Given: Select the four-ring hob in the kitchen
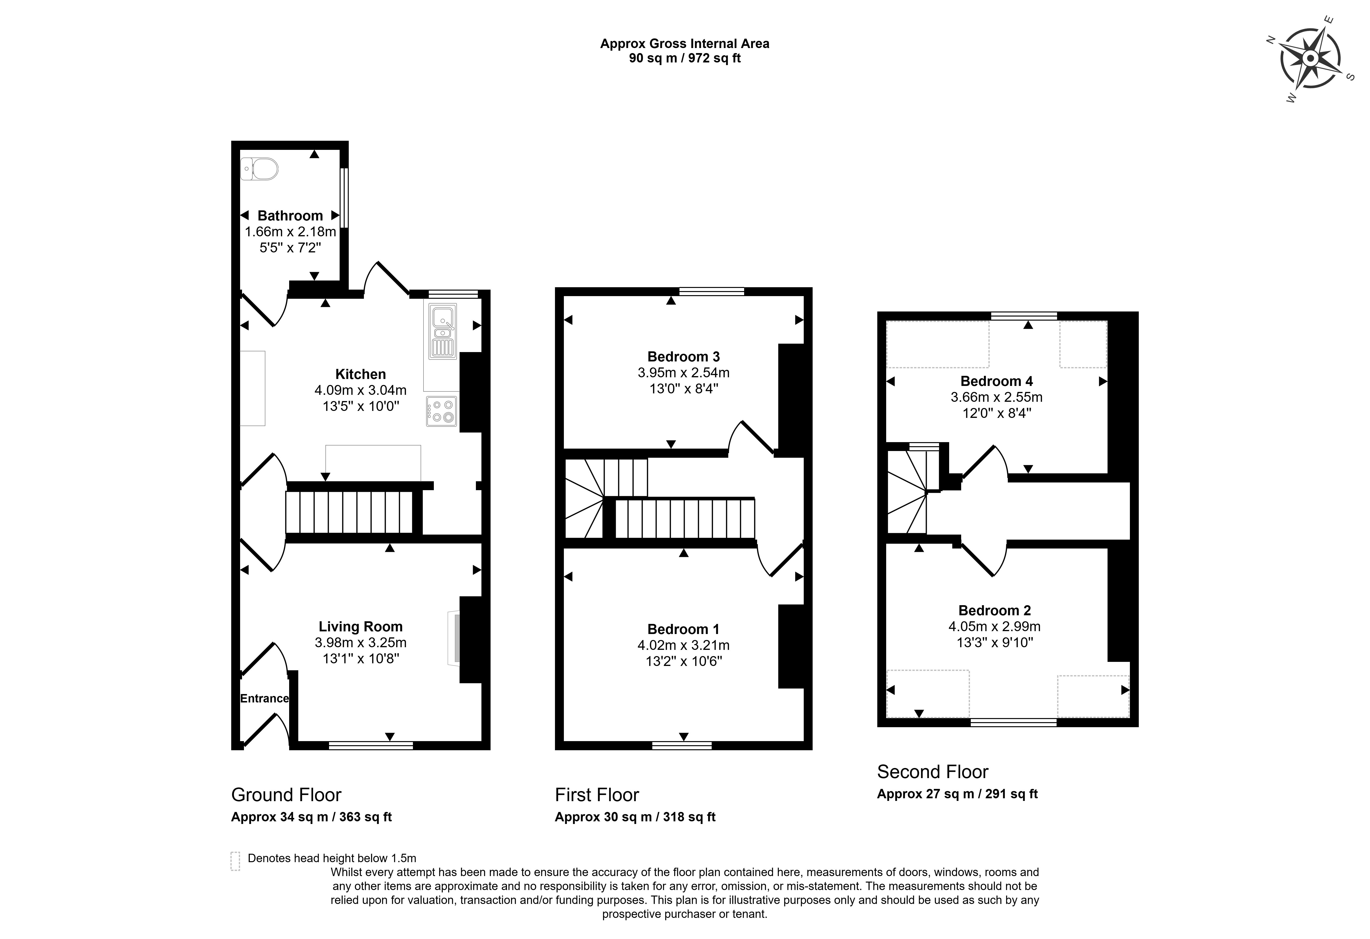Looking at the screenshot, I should pyautogui.click(x=442, y=411).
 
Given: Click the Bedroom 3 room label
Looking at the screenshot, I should pyautogui.click(x=683, y=356).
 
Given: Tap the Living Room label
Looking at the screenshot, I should pyautogui.click(x=360, y=627).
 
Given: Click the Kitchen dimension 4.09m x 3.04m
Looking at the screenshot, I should pyautogui.click(x=360, y=390).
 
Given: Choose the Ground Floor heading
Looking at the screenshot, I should pyautogui.click(x=286, y=795).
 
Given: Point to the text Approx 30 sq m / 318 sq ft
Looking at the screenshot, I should pyautogui.click(x=635, y=817).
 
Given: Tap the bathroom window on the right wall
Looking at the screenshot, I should pyautogui.click(x=344, y=198).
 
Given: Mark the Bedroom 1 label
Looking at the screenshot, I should pyautogui.click(x=683, y=629).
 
